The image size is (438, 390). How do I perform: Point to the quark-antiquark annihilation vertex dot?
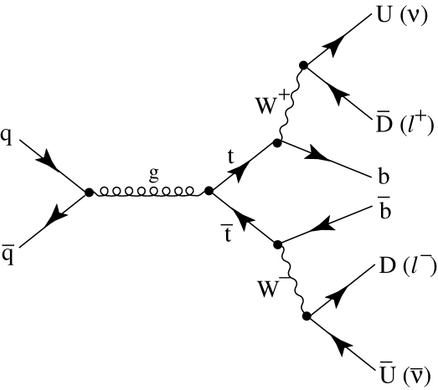tap(89, 192)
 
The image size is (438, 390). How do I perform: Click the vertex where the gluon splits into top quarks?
tap(209, 192)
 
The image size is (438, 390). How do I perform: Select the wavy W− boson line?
tap(291, 280)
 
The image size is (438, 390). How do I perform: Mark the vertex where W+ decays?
tap(304, 64)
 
